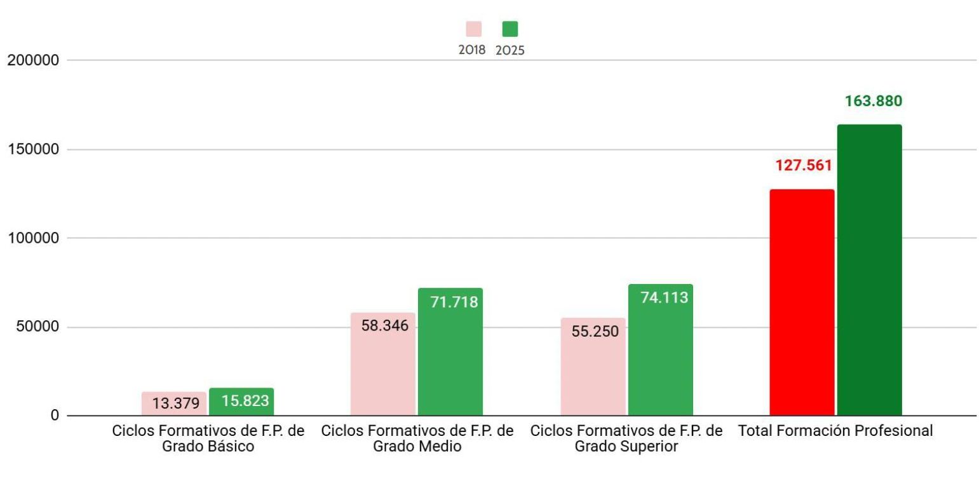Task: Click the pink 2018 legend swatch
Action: [473, 29]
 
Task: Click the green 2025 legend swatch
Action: [510, 29]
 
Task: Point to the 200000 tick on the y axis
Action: [32, 61]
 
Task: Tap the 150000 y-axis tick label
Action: [32, 150]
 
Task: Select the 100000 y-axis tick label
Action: [32, 238]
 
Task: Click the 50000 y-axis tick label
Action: [36, 327]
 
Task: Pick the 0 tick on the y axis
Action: [55, 416]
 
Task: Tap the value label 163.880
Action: [873, 101]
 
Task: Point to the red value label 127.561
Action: [803, 166]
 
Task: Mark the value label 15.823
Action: [245, 401]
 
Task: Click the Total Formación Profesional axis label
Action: [835, 431]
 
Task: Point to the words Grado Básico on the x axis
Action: [208, 447]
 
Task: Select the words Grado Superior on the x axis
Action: [626, 447]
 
